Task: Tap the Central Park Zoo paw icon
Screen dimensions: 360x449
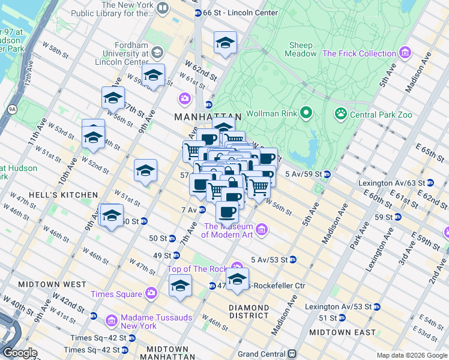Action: point(341,112)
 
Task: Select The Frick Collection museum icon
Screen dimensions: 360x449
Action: point(406,53)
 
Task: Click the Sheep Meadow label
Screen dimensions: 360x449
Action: point(301,49)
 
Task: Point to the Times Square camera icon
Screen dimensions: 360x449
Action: point(151,293)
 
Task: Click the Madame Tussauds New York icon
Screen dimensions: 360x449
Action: point(112,322)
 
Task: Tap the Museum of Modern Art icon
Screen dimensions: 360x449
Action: point(262,230)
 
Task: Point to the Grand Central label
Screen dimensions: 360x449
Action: point(261,354)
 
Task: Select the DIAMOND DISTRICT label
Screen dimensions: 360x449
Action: point(249,311)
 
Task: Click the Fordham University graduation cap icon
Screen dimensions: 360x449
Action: point(157,52)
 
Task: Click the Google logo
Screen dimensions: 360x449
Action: point(20,353)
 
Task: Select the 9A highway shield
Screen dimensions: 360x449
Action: point(12,109)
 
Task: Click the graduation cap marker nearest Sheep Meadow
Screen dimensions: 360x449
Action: point(225,43)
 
